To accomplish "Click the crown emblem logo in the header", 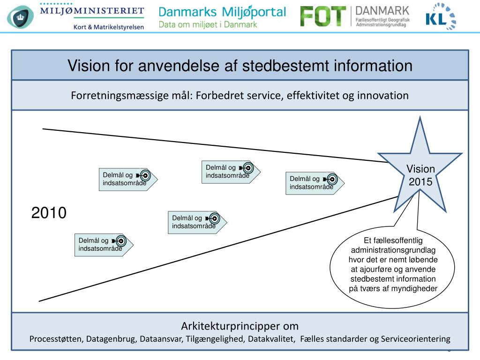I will (x=19, y=17).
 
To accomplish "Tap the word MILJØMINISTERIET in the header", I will (x=92, y=10).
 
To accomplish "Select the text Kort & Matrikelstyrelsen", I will (x=108, y=26).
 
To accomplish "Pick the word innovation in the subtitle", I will (x=383, y=96).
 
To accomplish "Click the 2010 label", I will (x=49, y=213).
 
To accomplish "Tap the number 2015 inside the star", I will (x=420, y=181).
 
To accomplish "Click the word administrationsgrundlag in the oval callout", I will (x=393, y=250).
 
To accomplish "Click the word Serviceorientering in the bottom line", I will (x=416, y=339).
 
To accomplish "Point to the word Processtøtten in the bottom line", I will (x=57, y=339).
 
